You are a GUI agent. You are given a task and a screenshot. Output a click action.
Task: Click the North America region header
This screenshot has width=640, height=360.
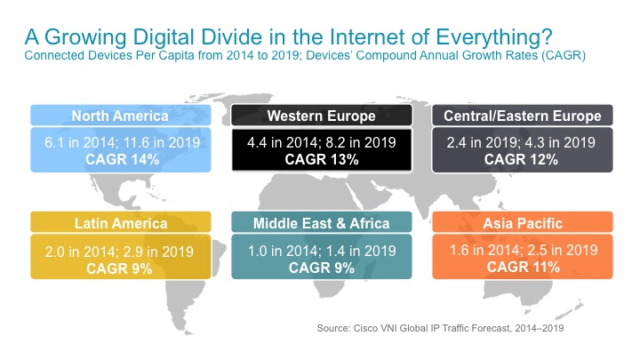pyautogui.click(x=120, y=116)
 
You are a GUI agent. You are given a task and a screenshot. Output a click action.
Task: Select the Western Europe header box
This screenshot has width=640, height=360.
pyautogui.click(x=322, y=116)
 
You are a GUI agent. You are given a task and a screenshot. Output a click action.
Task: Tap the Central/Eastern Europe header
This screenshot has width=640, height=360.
pyautogui.click(x=523, y=116)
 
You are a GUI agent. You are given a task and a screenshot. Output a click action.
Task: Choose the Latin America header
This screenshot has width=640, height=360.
pyautogui.click(x=120, y=223)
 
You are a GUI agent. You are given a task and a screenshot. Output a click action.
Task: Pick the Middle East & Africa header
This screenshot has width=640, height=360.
pyautogui.click(x=322, y=223)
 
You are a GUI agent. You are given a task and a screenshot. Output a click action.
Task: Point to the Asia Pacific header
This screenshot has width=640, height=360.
pyautogui.click(x=523, y=223)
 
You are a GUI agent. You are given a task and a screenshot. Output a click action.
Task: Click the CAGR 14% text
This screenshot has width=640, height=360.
pyautogui.click(x=123, y=160)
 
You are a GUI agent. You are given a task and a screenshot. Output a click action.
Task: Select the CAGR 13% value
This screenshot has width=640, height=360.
pyautogui.click(x=322, y=160)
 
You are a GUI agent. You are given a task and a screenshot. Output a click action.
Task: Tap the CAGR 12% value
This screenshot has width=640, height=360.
pyautogui.click(x=521, y=160)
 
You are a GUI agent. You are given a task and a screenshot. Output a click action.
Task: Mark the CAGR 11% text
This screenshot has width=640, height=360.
pyautogui.click(x=524, y=267)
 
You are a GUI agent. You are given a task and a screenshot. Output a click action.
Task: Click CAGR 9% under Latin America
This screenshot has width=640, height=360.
pyautogui.click(x=119, y=268)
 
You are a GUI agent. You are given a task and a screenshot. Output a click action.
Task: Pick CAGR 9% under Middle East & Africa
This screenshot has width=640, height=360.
pyautogui.click(x=322, y=268)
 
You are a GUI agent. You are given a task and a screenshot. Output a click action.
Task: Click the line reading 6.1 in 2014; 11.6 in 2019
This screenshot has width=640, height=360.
pyautogui.click(x=123, y=142)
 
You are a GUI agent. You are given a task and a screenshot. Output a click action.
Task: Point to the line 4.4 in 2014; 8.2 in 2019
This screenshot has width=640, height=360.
pyautogui.click(x=322, y=142)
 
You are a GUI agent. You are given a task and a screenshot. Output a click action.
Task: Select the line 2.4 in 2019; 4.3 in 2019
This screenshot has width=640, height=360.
pyautogui.click(x=521, y=142)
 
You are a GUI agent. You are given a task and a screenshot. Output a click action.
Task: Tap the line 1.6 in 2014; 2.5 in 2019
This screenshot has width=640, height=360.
pyautogui.click(x=524, y=250)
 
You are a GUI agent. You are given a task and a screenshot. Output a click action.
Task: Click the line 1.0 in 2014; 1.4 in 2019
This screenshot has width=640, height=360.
pyautogui.click(x=322, y=251)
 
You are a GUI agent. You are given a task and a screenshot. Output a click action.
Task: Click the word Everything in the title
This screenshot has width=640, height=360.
pyautogui.click(x=494, y=37)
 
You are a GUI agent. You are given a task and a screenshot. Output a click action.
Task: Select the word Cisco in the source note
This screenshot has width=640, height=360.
pyautogui.click(x=365, y=328)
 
